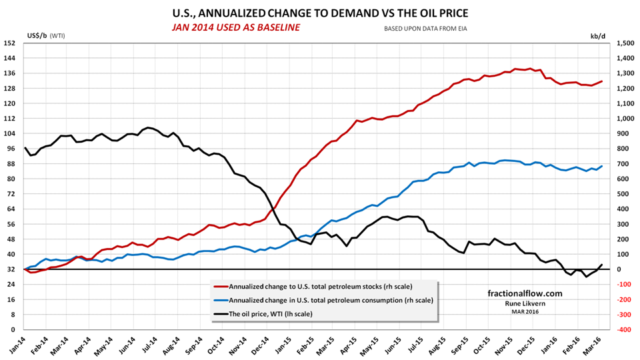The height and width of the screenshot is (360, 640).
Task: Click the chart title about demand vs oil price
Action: (x=319, y=12)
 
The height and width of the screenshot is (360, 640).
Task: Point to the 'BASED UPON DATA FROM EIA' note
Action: (x=425, y=29)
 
